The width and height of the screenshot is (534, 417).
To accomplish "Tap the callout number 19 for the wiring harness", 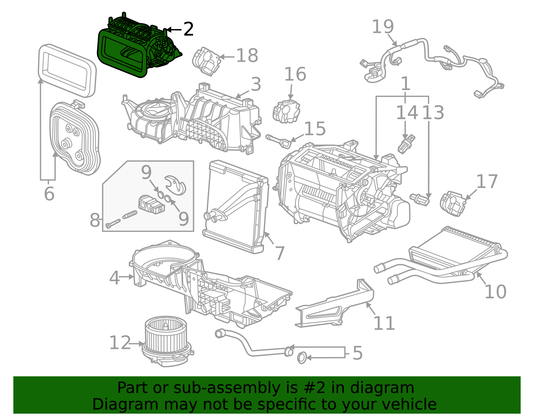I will point(382,27).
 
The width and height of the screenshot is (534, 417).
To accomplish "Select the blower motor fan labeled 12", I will point(167,341).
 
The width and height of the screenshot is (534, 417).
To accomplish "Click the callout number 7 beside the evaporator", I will point(280,253).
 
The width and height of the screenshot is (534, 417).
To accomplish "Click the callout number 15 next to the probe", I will point(315,129).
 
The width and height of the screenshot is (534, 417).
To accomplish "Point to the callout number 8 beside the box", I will point(95,220).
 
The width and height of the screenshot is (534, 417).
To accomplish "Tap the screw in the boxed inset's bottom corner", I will point(113,223).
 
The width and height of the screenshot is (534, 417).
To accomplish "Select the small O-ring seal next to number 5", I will point(302,358).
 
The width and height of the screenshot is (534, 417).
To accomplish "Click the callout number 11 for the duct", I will point(384,323).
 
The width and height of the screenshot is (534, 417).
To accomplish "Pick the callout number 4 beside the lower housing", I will point(114,278).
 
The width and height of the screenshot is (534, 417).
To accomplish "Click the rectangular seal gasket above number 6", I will point(67,70).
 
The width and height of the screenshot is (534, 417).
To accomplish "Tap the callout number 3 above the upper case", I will point(256,84).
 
